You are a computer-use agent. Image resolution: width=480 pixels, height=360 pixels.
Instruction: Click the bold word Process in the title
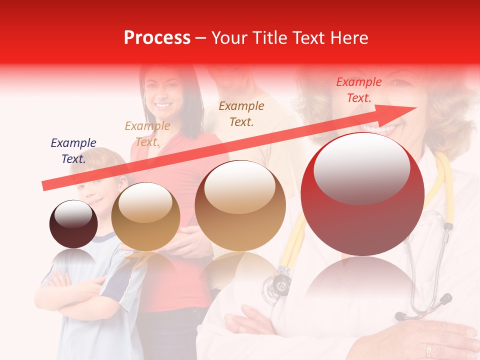click(x=157, y=38)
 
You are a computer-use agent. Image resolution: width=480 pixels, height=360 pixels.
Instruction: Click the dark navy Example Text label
click(x=73, y=151)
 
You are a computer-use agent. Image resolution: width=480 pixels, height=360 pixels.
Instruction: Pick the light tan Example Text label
click(x=147, y=134)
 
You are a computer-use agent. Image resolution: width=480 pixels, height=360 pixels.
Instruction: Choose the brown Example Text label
click(x=241, y=113)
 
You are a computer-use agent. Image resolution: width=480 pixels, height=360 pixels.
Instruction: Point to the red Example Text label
click(x=359, y=90)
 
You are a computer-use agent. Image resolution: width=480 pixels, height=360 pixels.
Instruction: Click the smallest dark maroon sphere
click(x=73, y=224)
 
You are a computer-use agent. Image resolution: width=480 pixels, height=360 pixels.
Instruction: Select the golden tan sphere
click(x=145, y=216)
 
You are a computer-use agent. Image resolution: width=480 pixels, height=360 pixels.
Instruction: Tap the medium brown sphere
click(x=240, y=205)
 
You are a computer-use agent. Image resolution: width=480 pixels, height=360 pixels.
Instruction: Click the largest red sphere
click(x=362, y=194)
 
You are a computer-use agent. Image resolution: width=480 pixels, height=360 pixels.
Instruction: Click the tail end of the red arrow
click(x=44, y=186)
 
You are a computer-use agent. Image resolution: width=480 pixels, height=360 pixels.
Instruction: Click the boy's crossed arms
click(x=75, y=290)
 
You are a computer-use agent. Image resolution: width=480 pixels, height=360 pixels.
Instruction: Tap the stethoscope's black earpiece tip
click(x=400, y=316)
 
